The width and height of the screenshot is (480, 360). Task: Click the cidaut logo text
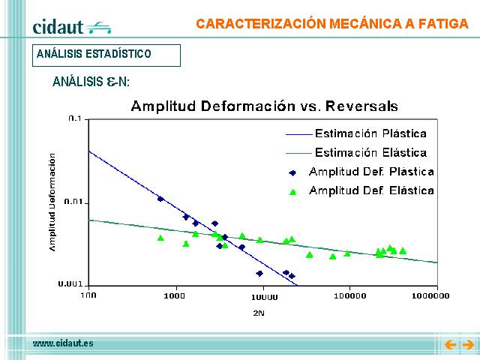coord(58,27)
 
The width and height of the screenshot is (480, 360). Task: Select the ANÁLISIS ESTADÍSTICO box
coord(106,55)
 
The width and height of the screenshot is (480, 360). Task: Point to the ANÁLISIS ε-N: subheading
coord(91,82)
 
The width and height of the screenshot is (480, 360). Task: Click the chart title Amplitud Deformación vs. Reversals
coord(265,106)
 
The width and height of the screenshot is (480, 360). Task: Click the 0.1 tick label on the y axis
coord(75,118)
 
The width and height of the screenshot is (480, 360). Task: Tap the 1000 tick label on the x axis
coord(174,295)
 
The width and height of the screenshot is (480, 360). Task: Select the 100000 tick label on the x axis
coord(350,296)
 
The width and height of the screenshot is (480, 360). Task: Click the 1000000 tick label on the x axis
coord(430,295)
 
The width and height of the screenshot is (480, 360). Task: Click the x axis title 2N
coord(259,313)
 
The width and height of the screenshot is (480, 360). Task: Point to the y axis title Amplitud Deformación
coord(52,202)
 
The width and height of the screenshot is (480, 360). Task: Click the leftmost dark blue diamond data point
coord(160,199)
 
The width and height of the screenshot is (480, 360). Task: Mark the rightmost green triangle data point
coord(403,251)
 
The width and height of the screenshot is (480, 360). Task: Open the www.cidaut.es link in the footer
coord(63,343)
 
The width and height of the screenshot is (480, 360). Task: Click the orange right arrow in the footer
coord(468,345)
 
